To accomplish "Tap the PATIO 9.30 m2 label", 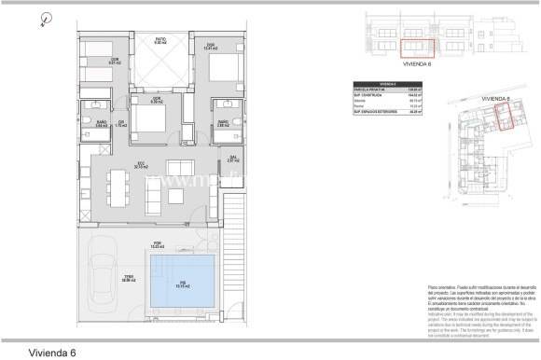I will point(160,41).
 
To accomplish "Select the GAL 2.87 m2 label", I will point(231,159).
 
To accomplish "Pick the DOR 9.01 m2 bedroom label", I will point(116,62).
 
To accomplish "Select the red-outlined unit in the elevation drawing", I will point(417,47).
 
